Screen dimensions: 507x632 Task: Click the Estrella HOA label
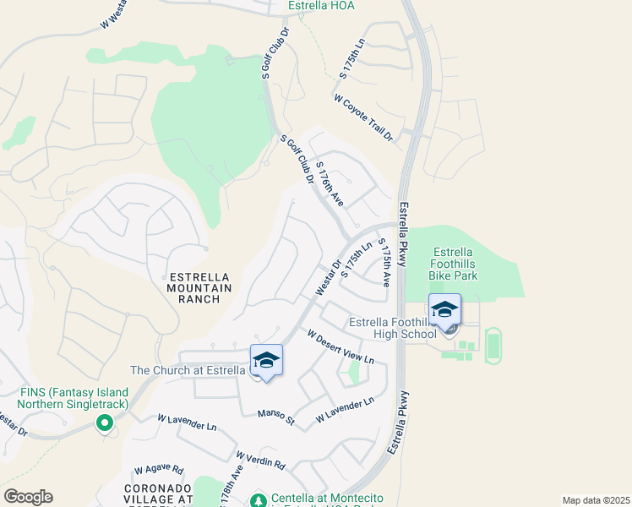pyautogui.click(x=320, y=6)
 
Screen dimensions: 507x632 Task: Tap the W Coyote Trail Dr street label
pyautogui.click(x=364, y=118)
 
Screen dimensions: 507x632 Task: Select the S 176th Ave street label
pyautogui.click(x=329, y=184)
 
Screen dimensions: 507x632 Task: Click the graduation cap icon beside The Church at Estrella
pyautogui.click(x=266, y=361)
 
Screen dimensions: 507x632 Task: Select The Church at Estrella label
pyautogui.click(x=188, y=370)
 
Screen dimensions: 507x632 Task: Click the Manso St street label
pyautogui.click(x=277, y=417)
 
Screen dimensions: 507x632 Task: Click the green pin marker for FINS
pyautogui.click(x=106, y=423)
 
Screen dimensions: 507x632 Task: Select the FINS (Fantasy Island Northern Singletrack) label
pyautogui.click(x=76, y=399)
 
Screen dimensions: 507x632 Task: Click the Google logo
pyautogui.click(x=28, y=497)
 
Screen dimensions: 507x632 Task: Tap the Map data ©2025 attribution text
pyautogui.click(x=595, y=500)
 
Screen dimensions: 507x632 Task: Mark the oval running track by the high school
pyautogui.click(x=493, y=346)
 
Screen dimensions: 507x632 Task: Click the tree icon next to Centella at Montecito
pyautogui.click(x=259, y=499)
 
